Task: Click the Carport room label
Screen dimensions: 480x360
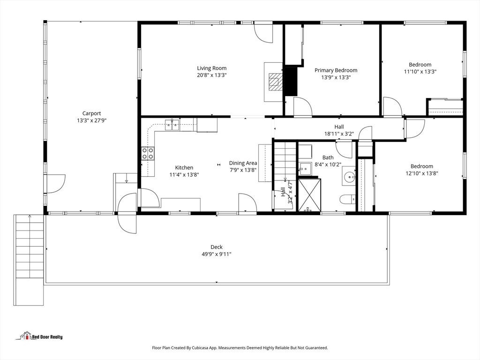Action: point(91,113)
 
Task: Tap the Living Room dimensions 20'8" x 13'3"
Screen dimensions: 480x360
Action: point(212,75)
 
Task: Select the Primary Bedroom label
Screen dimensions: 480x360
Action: point(336,70)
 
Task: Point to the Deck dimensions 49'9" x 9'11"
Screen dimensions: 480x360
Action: point(217,254)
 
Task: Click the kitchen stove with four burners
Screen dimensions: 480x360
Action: point(148,153)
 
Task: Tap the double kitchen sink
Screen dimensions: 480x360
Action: point(172,125)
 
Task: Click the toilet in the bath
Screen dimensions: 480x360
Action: point(348,199)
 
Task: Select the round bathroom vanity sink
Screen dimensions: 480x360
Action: point(349,176)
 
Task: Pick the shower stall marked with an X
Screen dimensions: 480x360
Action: point(309,195)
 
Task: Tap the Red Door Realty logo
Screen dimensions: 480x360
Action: point(39,336)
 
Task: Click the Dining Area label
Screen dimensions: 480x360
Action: point(243,163)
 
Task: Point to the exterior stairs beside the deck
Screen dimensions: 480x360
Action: point(29,260)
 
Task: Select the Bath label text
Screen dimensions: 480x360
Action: point(328,157)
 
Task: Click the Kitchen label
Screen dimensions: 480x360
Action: point(184,167)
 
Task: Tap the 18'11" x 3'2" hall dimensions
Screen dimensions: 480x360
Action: point(339,134)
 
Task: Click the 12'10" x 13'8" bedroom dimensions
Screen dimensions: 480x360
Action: point(422,173)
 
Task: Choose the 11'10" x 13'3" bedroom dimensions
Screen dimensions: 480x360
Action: point(420,72)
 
